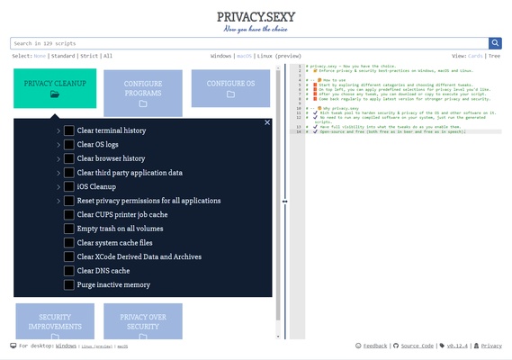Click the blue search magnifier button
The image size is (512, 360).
(x=495, y=43)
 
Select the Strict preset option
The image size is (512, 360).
(x=90, y=56)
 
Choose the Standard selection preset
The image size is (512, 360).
(x=63, y=56)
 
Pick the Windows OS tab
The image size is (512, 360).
(x=220, y=56)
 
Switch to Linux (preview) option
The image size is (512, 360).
(x=279, y=56)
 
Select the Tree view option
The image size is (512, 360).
(x=494, y=56)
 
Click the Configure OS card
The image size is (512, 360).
(x=230, y=88)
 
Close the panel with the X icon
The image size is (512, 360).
(x=267, y=122)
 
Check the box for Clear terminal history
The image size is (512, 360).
(x=69, y=130)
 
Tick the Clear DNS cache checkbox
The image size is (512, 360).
(x=69, y=271)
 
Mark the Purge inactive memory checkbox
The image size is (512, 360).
(x=69, y=285)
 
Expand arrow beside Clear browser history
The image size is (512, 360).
(x=58, y=159)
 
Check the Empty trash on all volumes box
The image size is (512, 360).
(x=69, y=229)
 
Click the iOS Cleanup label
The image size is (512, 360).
(x=96, y=187)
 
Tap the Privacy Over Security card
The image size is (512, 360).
(x=143, y=322)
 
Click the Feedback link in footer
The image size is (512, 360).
(x=375, y=346)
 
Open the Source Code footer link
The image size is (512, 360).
(x=417, y=346)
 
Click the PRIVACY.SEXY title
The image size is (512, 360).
(x=256, y=16)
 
